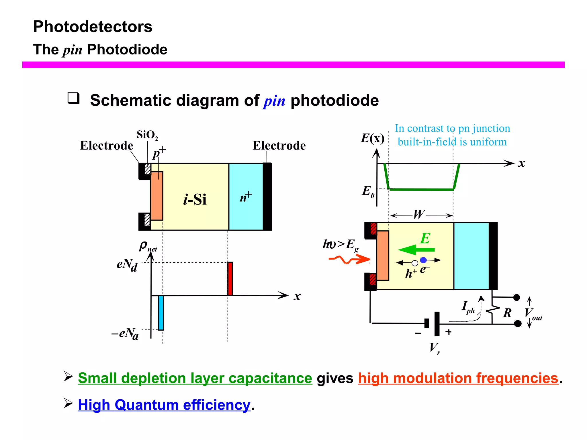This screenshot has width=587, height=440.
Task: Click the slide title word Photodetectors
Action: [x=93, y=27]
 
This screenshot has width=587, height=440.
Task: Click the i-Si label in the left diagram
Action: [x=195, y=199]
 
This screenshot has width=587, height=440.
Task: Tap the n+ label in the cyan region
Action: [x=246, y=197]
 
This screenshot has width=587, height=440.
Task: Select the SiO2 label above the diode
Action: [x=147, y=135]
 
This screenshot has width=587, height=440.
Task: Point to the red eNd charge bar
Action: [x=230, y=278]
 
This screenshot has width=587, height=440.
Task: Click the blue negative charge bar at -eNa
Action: [x=161, y=313]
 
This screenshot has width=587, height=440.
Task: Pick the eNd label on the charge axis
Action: [x=127, y=265]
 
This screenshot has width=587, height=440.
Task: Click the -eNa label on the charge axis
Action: [x=125, y=334]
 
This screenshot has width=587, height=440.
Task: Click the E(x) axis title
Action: [x=372, y=139]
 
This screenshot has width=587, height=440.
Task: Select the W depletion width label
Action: [x=419, y=214]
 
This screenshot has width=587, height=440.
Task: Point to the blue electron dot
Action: [x=423, y=260]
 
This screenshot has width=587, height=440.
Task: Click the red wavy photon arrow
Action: [x=349, y=260]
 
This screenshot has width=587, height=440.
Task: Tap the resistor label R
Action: [x=507, y=313]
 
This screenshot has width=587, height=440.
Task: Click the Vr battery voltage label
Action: [x=435, y=348]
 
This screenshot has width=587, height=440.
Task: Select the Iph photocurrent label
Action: [x=468, y=307]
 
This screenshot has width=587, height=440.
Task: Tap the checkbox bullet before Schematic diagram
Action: [x=73, y=98]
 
